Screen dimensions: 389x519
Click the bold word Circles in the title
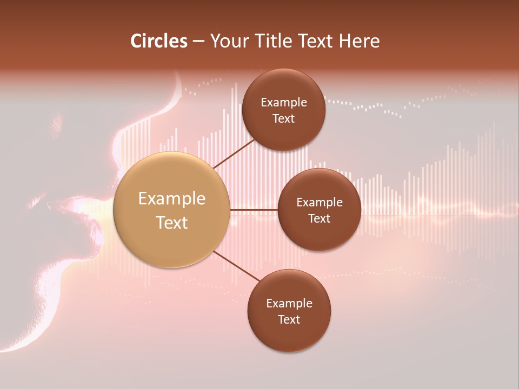[159, 41]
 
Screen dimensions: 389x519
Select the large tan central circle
[171, 210]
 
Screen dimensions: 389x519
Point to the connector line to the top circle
[234, 154]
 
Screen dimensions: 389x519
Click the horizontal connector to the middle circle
[254, 210]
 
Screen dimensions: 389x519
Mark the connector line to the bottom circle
[235, 267]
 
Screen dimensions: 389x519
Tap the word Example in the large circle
[172, 199]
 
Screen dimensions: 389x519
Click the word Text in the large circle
[172, 223]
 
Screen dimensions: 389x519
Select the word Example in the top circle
[284, 103]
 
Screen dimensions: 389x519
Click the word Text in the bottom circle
[289, 319]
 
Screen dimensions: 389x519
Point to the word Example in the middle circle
[320, 203]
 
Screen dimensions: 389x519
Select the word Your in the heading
[228, 41]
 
